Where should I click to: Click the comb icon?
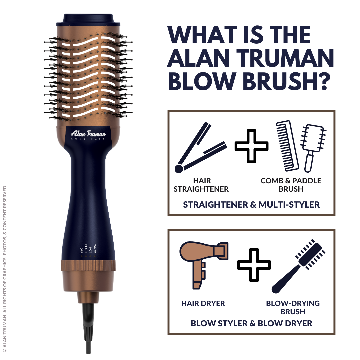tap(287, 145)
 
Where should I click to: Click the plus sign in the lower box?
tap(254, 264)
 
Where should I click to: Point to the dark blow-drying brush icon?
tap(298, 265)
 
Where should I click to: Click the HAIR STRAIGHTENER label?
tap(201, 185)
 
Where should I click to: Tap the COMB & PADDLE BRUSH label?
tap(291, 185)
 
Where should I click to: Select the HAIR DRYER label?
tap(203, 303)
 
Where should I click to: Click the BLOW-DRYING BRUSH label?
tap(293, 307)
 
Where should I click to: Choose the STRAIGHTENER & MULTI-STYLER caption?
tap(251, 204)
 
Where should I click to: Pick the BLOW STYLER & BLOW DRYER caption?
tap(251, 323)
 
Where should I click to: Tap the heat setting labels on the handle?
tap(88, 248)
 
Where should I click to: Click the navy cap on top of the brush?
tap(92, 19)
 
